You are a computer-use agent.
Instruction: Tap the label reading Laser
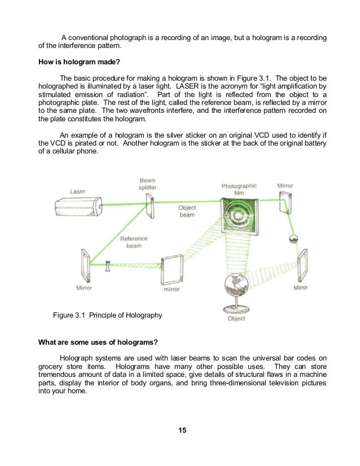pos(77,191)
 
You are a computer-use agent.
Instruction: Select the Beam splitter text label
pos(148,184)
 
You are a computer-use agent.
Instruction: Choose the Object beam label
pos(187,212)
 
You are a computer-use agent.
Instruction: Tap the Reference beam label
pos(133,243)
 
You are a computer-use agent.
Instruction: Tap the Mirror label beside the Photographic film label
pos(285,185)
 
